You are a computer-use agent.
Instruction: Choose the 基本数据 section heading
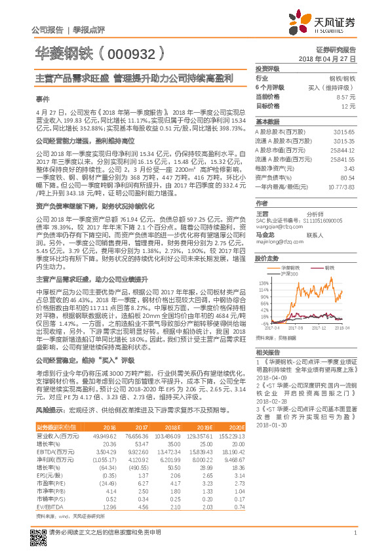pos(267,123)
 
